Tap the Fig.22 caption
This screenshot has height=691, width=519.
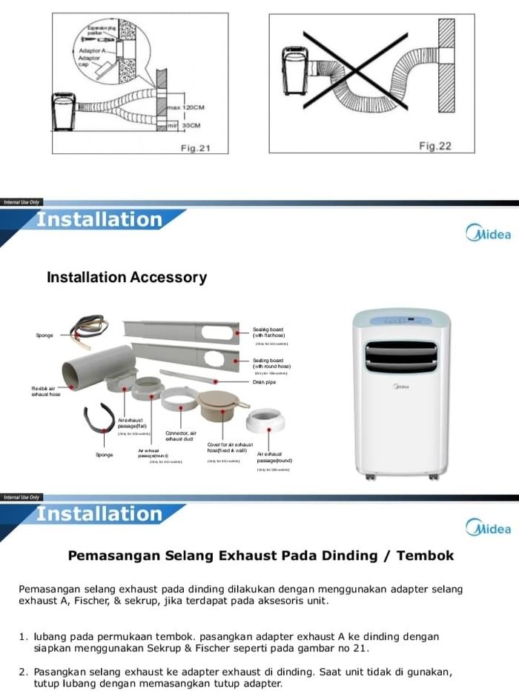(x=434, y=146)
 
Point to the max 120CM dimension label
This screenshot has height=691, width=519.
(x=187, y=108)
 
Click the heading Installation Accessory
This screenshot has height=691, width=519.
(x=126, y=278)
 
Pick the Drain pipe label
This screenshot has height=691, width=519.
(x=264, y=382)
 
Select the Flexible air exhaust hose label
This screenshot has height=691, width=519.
(x=46, y=392)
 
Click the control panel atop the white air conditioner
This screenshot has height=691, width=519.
(x=401, y=320)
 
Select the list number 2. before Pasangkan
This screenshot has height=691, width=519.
(x=24, y=672)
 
